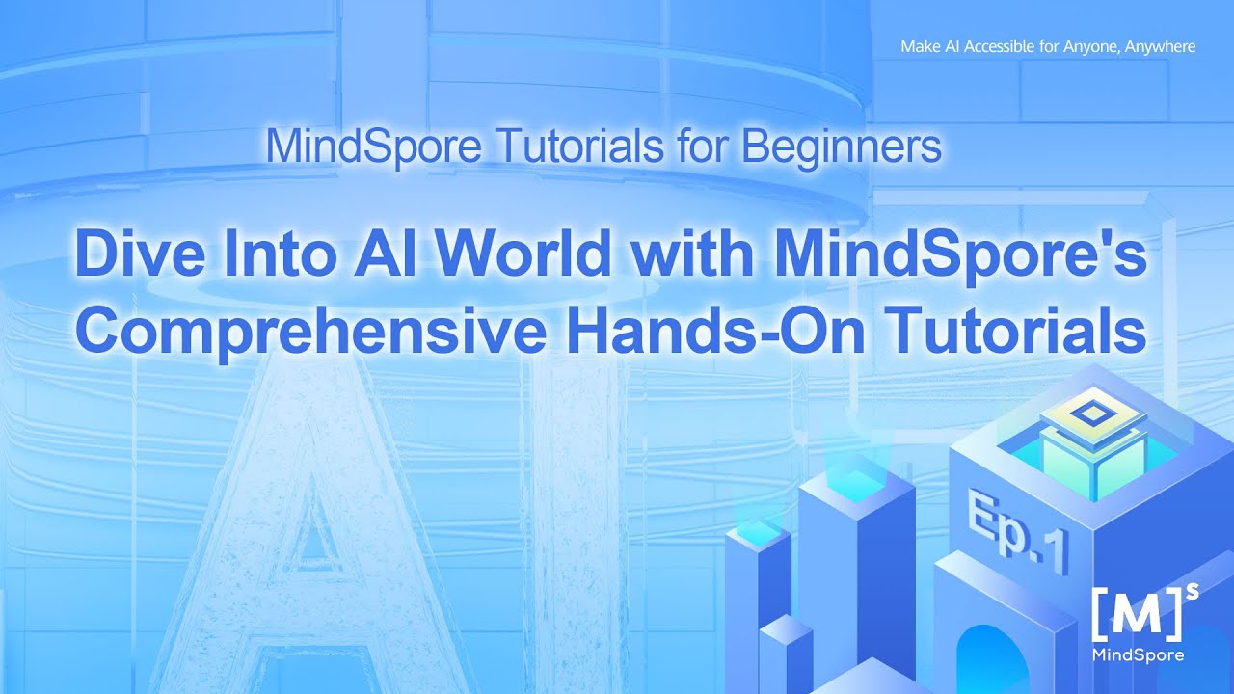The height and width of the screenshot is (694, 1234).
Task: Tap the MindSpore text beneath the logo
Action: [x=1138, y=655]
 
